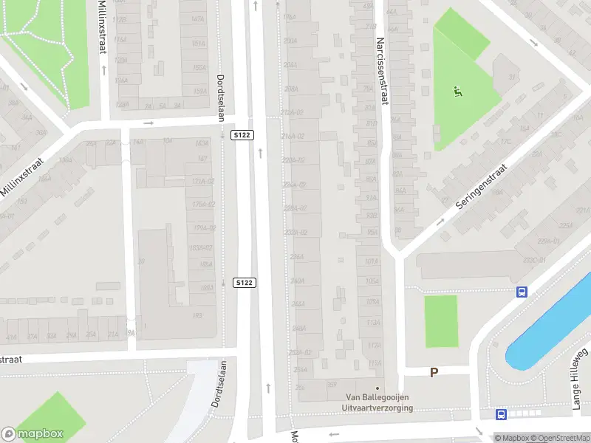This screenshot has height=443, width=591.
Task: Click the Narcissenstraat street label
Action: tap(382, 72)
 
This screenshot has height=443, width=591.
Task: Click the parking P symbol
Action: tap(434, 373)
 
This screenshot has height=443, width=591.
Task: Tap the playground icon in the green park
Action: tap(458, 92)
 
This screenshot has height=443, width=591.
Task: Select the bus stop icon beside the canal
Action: tap(522, 292)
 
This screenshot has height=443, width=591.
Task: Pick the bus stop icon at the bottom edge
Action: tap(502, 415)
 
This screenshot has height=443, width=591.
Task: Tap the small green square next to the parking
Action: tap(441, 320)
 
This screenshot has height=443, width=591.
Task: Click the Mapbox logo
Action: tap(33, 434)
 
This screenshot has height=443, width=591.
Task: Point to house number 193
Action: tap(197, 316)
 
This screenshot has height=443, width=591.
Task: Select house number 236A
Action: tap(297, 257)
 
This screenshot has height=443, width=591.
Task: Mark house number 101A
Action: tap(372, 261)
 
